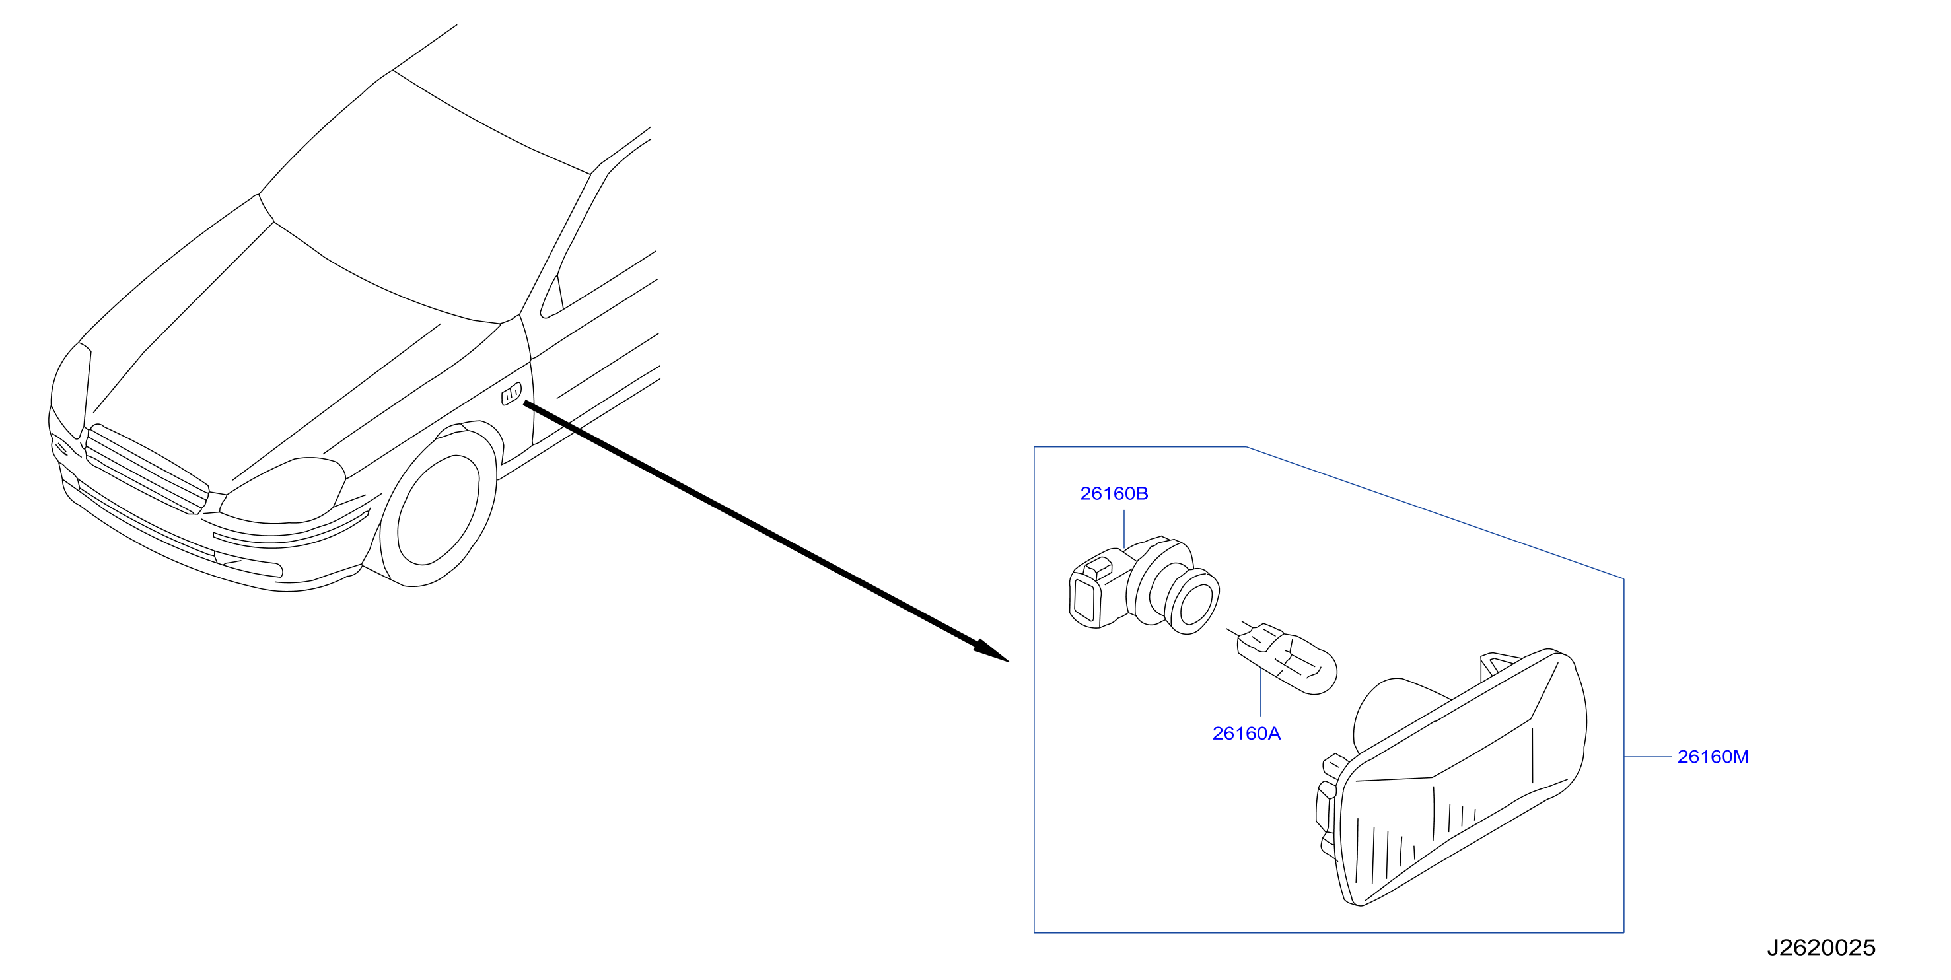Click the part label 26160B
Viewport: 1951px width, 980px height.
(x=1114, y=494)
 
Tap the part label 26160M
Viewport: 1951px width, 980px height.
(x=1713, y=757)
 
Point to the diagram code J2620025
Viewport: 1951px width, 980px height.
(x=1821, y=948)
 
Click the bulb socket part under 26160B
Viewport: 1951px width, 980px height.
(x=1144, y=584)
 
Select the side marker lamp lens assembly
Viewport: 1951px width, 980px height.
(x=1450, y=778)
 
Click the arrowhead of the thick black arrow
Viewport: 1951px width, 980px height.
(x=992, y=651)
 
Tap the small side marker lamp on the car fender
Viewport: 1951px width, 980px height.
(x=511, y=394)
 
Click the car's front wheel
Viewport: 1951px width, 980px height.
(x=439, y=512)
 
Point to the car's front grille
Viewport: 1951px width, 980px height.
(x=146, y=470)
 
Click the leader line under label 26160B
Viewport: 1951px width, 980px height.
(x=1124, y=528)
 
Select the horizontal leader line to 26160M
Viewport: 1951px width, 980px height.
(x=1647, y=757)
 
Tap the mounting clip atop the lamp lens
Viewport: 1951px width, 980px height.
(x=1497, y=665)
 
